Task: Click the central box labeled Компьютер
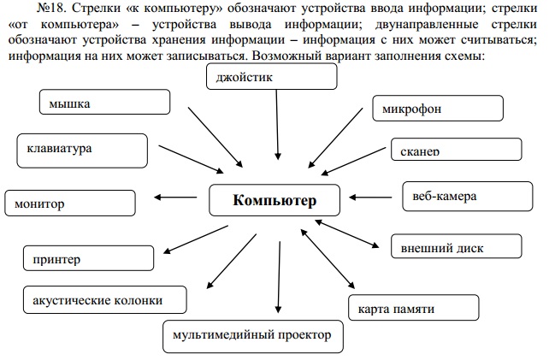(x=275, y=200)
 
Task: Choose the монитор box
(x=70, y=203)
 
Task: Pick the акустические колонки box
(x=104, y=299)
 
